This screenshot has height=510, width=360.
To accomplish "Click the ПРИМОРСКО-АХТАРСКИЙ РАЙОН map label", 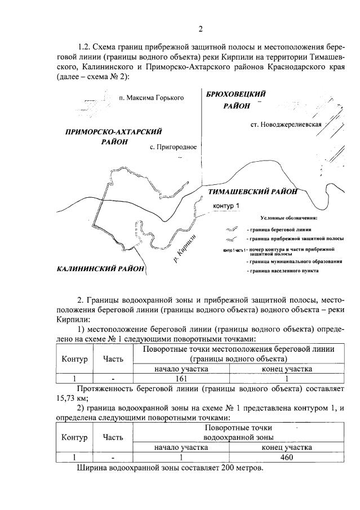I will pos(114,136).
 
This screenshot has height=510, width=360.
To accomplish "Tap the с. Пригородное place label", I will pos(173,147).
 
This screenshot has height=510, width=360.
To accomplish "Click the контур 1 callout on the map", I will pos(226,206).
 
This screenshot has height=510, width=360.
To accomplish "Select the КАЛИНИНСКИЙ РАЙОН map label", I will pos(100,268).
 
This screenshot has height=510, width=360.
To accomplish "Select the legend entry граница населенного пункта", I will pos(282,271).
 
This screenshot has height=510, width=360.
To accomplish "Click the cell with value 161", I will pos(181,379).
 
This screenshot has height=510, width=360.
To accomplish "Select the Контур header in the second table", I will pos(74,437).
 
